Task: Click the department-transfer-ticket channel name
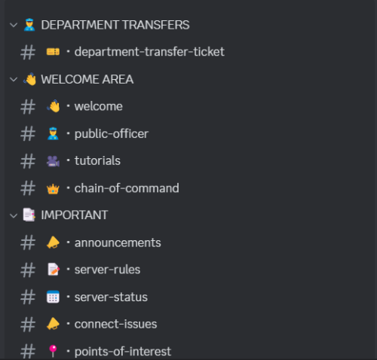click(149, 52)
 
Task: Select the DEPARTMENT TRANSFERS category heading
click(115, 25)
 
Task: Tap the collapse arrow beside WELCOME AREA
click(14, 80)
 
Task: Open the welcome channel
click(98, 106)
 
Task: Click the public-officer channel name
click(112, 134)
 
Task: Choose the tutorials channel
click(97, 160)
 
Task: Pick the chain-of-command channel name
click(127, 188)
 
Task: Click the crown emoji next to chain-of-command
click(53, 189)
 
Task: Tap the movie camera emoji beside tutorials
click(53, 161)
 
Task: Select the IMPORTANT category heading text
click(75, 215)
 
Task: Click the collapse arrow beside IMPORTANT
click(14, 215)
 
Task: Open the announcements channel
click(118, 243)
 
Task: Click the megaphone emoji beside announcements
click(53, 243)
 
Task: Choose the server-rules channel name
click(107, 270)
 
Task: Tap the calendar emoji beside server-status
click(53, 297)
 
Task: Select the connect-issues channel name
click(115, 324)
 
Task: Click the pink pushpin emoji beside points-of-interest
click(53, 351)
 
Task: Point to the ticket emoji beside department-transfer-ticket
click(53, 52)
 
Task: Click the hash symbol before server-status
click(28, 297)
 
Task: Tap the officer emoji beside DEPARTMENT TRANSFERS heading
click(29, 25)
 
